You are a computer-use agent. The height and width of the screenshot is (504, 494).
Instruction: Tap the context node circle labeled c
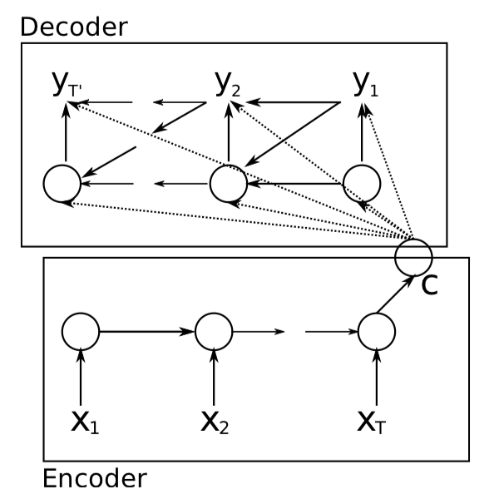click(413, 256)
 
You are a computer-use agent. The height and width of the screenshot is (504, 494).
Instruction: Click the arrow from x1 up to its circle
click(81, 376)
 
